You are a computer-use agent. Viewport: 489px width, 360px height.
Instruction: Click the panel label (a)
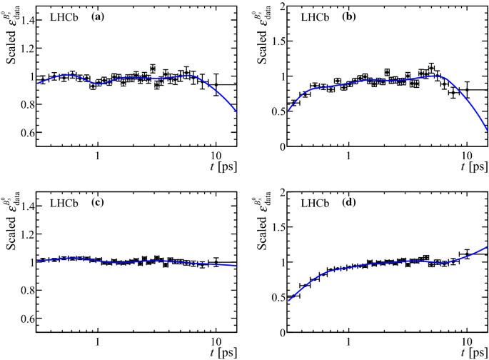[98, 16]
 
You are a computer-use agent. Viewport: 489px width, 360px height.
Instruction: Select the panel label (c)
[98, 203]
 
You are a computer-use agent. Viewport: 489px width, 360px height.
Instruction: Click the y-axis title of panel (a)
[12, 36]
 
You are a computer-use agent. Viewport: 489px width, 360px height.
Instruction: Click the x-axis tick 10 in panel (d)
[466, 342]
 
